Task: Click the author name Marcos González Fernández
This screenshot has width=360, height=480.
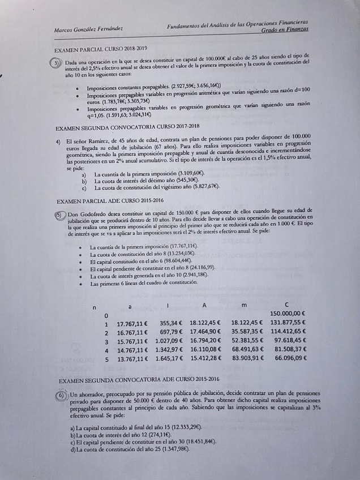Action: (x=89, y=28)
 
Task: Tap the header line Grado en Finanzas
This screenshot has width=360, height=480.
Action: (x=285, y=29)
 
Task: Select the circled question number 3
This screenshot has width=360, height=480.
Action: (x=57, y=63)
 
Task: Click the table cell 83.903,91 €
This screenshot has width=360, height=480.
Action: (x=247, y=358)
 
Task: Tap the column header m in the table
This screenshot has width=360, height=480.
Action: (x=243, y=305)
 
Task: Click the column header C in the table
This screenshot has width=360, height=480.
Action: (x=286, y=305)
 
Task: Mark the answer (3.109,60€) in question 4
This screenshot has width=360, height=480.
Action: (x=190, y=173)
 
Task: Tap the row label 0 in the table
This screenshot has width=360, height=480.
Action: (x=106, y=314)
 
